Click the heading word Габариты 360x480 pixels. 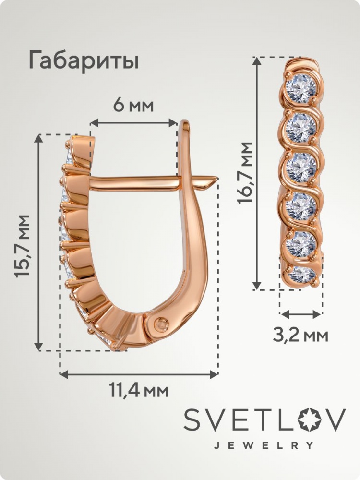(84, 60)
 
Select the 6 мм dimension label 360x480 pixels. (133, 106)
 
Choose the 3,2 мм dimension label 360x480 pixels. (300, 336)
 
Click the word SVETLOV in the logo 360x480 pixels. (265, 419)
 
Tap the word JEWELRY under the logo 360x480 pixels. (264, 445)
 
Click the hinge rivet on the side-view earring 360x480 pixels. (161, 324)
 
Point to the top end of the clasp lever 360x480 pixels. (185, 122)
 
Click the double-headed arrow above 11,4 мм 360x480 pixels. (139, 373)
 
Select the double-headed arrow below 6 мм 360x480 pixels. (134, 122)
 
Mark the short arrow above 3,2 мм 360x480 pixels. (301, 314)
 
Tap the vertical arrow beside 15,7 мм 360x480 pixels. (38, 242)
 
